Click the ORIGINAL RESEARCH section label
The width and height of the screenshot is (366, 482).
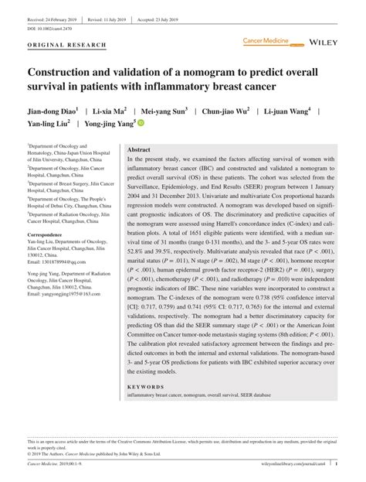(66, 46)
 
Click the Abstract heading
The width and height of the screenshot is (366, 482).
(139, 149)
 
